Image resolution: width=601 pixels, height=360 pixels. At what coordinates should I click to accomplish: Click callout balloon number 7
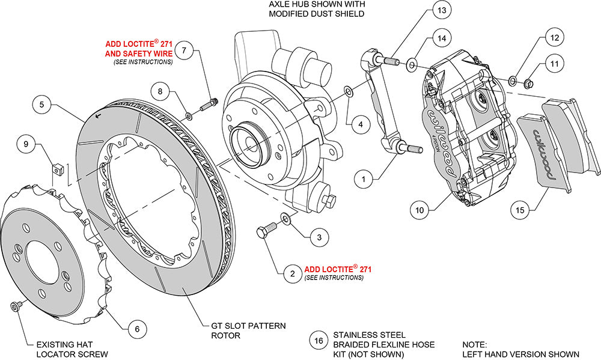tap(185, 51)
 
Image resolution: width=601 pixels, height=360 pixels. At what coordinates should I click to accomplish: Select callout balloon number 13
tap(441, 11)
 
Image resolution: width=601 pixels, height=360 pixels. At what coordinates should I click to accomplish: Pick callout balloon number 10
tap(419, 210)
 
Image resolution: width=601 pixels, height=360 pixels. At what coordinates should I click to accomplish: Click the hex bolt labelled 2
tap(266, 231)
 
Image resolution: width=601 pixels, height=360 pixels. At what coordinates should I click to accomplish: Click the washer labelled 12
tap(511, 80)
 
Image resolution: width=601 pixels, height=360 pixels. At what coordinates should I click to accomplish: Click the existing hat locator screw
tap(14, 307)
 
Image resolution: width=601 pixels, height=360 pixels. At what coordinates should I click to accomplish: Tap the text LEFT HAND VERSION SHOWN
tap(520, 354)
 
